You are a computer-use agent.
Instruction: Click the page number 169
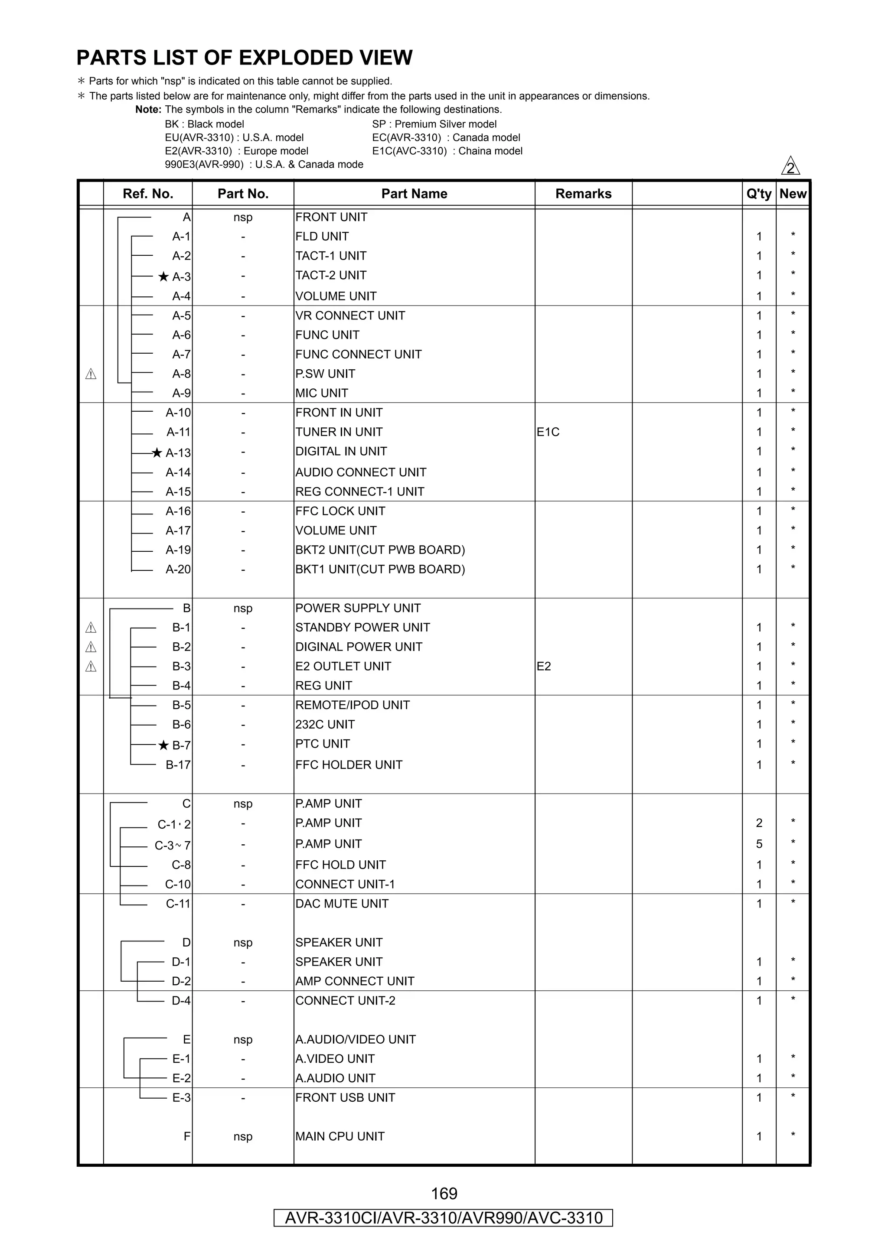(444, 1193)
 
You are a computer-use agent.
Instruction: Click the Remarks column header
(583, 194)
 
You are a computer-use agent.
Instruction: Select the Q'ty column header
(758, 194)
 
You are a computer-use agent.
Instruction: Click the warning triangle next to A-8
(91, 374)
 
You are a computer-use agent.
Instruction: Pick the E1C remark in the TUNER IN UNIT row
(548, 432)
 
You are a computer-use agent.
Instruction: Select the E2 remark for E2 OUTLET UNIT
(543, 666)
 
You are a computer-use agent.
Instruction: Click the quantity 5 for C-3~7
(759, 844)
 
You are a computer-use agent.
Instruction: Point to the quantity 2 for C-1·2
(759, 823)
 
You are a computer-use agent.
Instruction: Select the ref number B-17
(178, 765)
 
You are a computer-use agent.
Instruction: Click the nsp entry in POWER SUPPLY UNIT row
(243, 608)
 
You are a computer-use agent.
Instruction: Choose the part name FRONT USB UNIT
(345, 1098)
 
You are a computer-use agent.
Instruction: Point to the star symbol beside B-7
(163, 745)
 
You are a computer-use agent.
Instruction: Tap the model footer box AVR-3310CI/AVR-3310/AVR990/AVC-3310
(443, 1218)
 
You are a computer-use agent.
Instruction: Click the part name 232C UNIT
(325, 725)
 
